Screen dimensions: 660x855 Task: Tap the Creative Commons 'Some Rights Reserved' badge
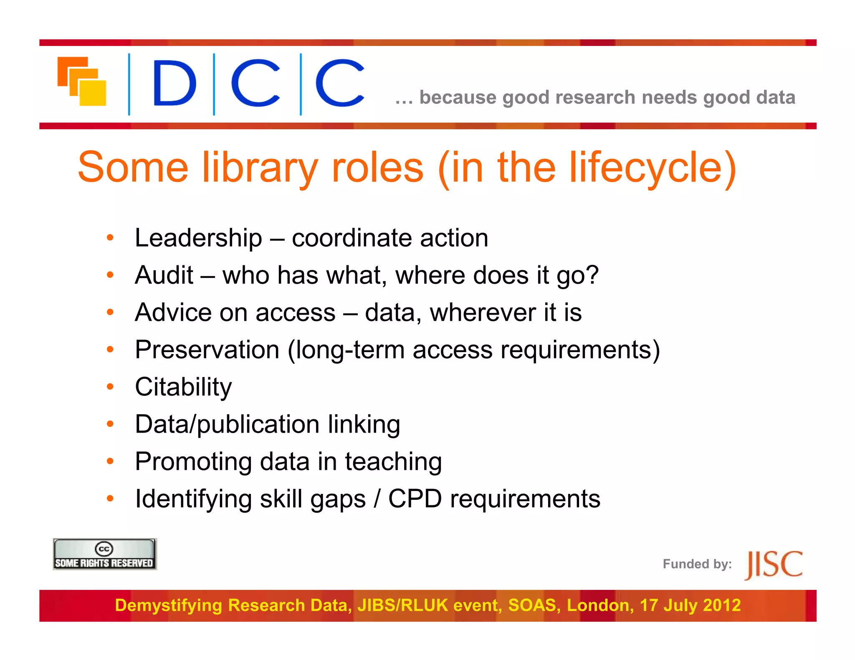coord(104,554)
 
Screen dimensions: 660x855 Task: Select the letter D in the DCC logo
coord(174,83)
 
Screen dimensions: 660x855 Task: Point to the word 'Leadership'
coord(198,238)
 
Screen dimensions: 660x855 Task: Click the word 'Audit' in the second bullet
coord(164,275)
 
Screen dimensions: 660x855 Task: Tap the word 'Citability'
coord(183,387)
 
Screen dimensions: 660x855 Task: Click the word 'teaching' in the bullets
coord(393,462)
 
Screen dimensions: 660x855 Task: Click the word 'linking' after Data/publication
coord(364,424)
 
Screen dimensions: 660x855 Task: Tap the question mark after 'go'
coord(592,275)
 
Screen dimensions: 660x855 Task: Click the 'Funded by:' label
coord(697,564)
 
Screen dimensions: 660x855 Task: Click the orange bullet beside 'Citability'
coord(110,387)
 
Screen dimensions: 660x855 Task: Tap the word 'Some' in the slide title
coord(133,168)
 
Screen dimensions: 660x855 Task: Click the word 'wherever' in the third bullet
coord(483,313)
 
